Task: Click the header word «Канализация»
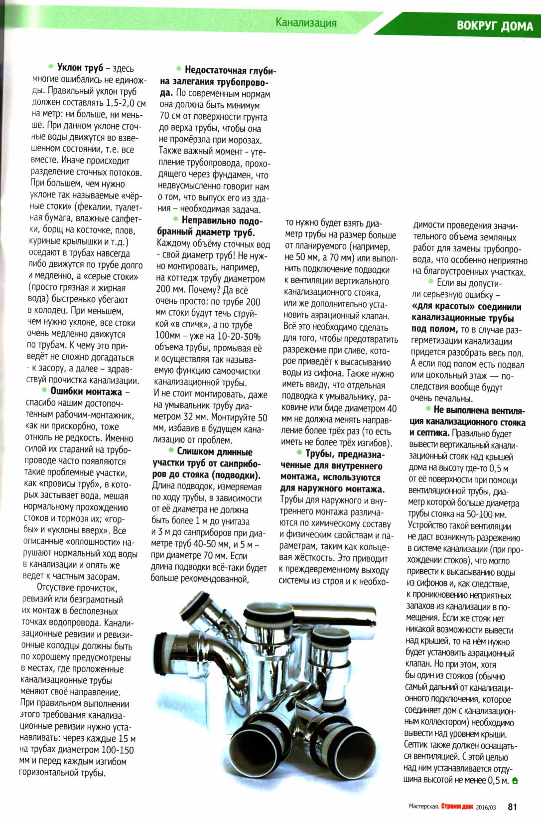tap(306, 22)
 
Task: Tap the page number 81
tap(514, 806)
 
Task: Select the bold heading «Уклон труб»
tap(80, 68)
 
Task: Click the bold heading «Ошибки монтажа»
tap(86, 392)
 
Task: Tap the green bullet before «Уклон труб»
tap(50, 66)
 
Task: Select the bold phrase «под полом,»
tap(434, 329)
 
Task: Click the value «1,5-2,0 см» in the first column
tap(126, 103)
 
